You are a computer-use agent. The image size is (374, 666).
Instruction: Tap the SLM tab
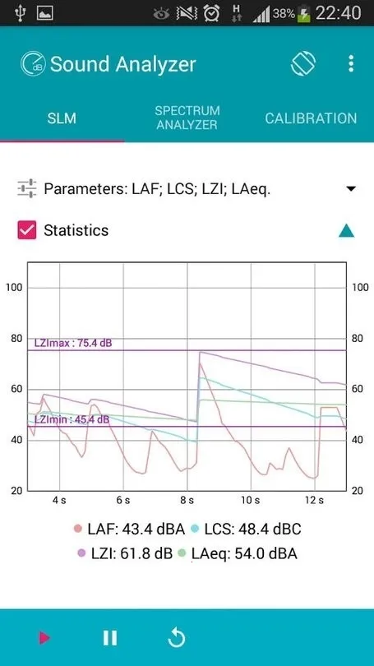[62, 118]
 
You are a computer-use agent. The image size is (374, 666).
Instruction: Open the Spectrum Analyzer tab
[187, 118]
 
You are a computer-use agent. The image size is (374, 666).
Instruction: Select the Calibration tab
[311, 118]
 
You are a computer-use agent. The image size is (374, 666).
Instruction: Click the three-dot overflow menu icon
[351, 64]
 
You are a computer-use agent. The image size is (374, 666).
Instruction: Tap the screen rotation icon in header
[303, 64]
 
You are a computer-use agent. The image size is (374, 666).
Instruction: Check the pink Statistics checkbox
[27, 230]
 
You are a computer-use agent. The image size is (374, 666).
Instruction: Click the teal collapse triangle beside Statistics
[346, 231]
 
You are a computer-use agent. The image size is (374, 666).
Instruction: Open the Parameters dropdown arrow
[351, 189]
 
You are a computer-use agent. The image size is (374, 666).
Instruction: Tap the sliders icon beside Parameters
[27, 189]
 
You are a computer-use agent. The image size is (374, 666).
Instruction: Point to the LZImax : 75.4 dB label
[72, 343]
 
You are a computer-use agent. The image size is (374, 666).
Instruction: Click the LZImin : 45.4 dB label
[72, 419]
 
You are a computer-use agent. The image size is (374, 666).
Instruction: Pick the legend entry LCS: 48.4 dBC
[242, 530]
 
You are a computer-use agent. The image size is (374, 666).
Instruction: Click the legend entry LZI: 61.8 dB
[124, 554]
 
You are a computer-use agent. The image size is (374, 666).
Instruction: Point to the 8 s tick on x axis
[187, 500]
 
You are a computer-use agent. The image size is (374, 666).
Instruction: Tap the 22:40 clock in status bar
[339, 13]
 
